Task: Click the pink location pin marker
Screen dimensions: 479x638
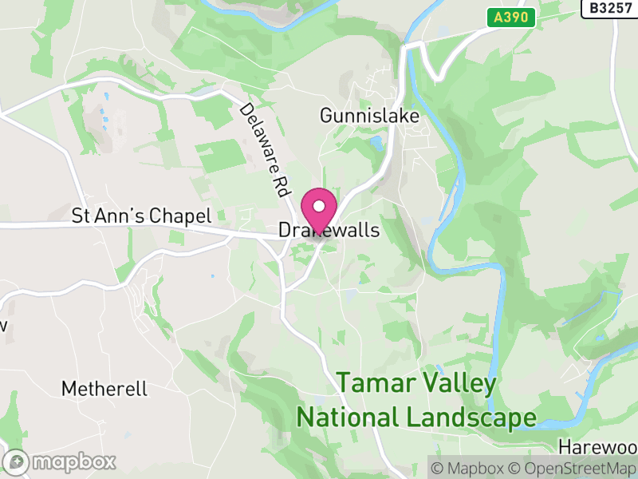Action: (x=319, y=211)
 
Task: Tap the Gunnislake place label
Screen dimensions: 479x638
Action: (x=369, y=116)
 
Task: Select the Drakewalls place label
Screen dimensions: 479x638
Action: (x=329, y=230)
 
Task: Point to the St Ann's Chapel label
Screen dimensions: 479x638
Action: (x=141, y=216)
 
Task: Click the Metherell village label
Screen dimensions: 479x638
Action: (x=104, y=389)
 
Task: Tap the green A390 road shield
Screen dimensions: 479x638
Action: (x=510, y=17)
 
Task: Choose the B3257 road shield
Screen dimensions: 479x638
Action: (x=610, y=8)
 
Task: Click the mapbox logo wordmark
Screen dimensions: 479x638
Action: (x=73, y=461)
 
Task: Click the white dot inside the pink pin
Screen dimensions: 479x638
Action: (x=319, y=205)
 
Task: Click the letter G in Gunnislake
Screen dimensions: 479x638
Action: (x=326, y=116)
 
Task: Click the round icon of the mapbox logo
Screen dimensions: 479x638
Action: (x=18, y=461)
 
